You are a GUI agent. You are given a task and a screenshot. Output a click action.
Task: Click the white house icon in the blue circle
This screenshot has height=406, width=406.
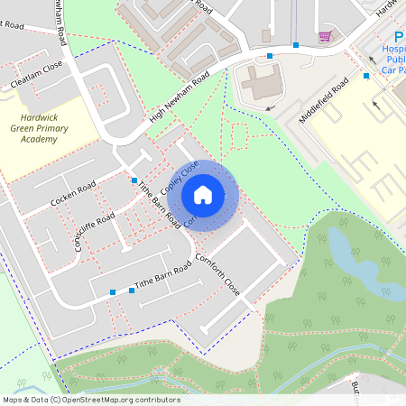click(x=203, y=193)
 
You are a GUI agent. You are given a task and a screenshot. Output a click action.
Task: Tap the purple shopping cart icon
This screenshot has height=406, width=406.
click(x=325, y=37)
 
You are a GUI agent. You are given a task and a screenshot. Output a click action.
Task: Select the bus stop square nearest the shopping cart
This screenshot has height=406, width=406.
click(x=295, y=44)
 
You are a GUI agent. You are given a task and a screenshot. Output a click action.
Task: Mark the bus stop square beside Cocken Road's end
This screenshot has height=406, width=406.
click(x=134, y=180)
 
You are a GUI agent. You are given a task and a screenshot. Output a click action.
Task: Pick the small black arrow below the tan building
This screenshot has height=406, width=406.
click(x=270, y=107)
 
